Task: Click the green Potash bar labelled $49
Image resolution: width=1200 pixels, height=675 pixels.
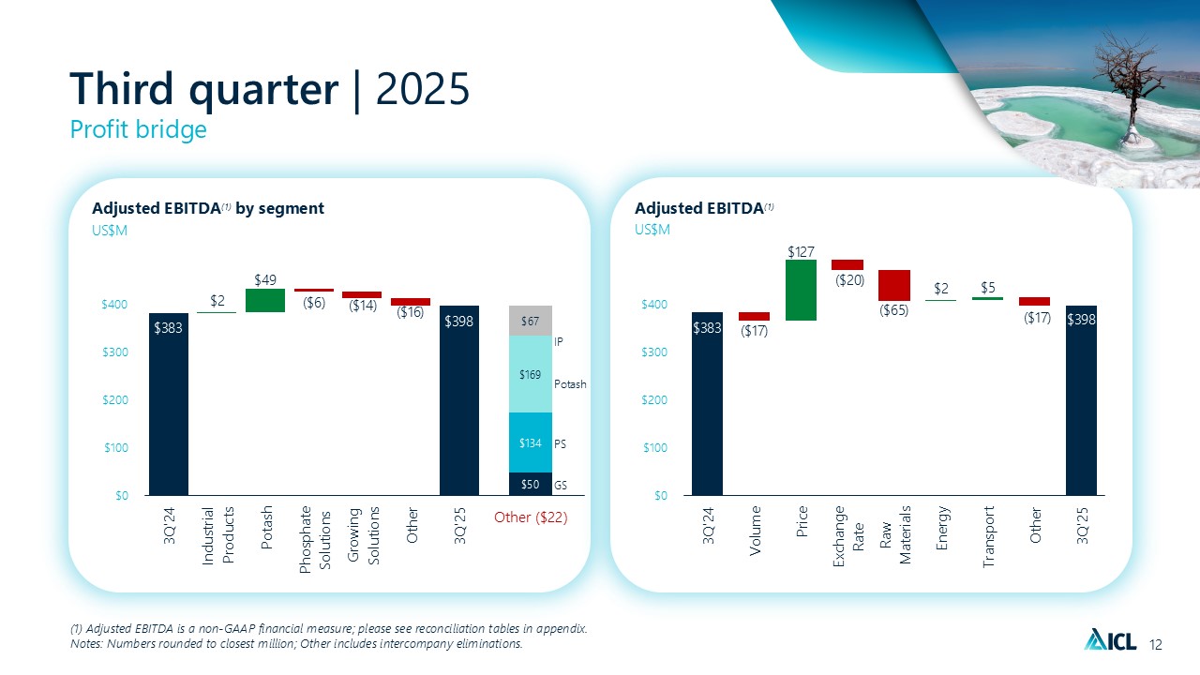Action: coord(265,300)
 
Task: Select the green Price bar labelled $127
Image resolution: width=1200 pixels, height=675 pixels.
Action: coord(801,290)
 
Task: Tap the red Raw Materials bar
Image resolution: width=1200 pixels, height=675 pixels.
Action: coord(894,285)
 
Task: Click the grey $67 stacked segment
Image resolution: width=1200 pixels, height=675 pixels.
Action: coord(530,321)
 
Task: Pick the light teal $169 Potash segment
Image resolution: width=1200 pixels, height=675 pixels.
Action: coord(530,374)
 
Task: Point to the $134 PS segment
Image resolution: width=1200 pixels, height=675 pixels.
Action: coord(530,442)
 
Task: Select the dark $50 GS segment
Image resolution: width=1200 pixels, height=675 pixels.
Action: coord(530,484)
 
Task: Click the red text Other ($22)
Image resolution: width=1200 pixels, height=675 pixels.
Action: coord(531,517)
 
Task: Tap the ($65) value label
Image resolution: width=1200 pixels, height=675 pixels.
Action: coord(894,310)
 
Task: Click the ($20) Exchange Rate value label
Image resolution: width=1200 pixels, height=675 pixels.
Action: coord(849,279)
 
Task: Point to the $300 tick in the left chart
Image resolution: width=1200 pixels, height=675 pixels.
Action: coord(115,352)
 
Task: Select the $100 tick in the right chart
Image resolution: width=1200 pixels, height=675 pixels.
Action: coord(655,447)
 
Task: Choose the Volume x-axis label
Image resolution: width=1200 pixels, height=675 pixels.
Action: coord(755,531)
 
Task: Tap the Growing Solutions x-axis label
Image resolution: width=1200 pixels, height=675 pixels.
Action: coord(363,535)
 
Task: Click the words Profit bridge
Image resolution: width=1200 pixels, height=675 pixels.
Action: coord(138,129)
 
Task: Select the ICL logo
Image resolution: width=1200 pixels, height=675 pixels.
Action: coord(1110,640)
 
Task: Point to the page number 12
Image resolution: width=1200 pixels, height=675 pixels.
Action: coord(1156,644)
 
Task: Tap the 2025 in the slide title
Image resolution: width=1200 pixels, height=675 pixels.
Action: coord(423,89)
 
